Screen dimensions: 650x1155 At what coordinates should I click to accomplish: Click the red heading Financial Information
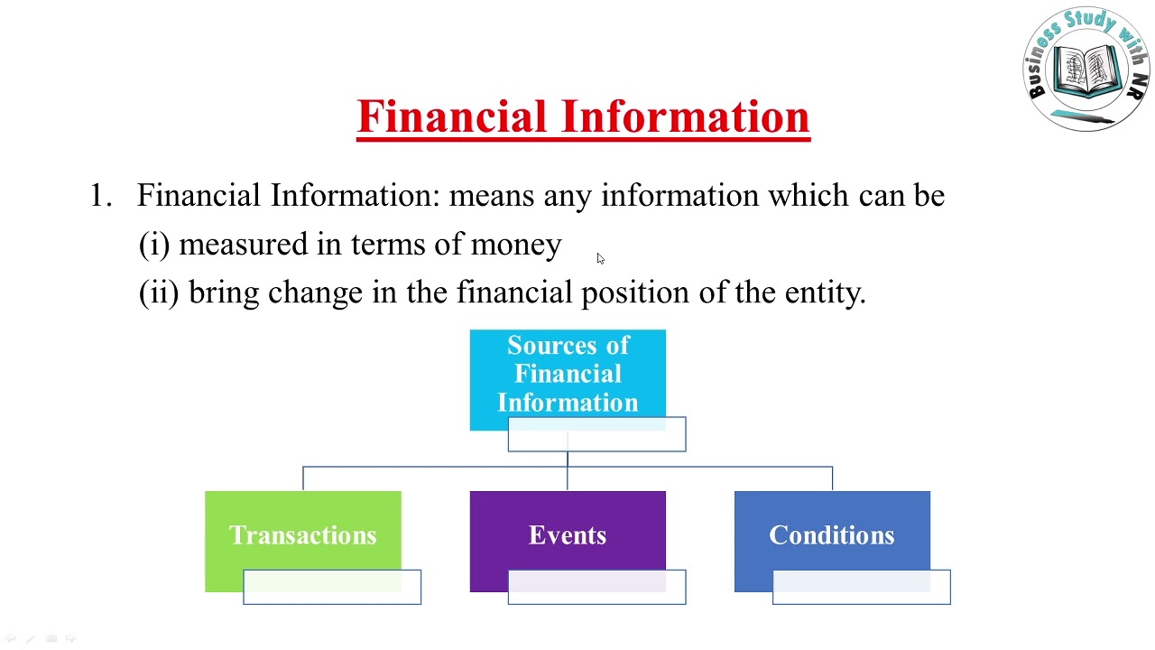[583, 117]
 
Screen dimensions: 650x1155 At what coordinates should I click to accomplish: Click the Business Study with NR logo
[1086, 68]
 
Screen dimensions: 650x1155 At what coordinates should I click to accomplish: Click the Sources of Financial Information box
[568, 373]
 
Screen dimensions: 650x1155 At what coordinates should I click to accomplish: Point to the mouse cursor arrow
[600, 259]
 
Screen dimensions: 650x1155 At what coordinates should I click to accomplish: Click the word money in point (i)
[515, 245]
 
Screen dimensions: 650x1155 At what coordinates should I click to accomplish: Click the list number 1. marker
[100, 196]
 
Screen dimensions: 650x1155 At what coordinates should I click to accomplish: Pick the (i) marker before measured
[154, 245]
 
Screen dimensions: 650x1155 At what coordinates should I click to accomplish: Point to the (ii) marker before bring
[160, 292]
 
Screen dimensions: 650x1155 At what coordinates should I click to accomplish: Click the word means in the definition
[492, 196]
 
